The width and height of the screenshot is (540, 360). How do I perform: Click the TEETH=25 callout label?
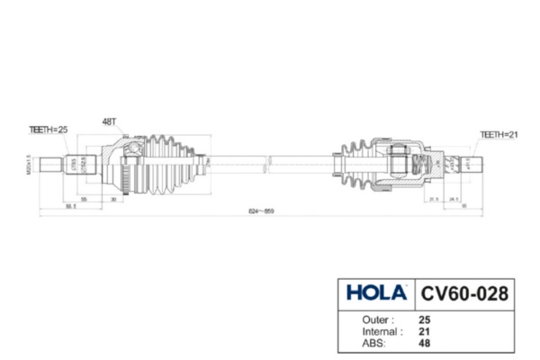click(49, 130)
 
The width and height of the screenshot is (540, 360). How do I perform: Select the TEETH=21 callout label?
click(499, 134)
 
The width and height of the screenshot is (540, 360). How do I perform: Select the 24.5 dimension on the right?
click(454, 198)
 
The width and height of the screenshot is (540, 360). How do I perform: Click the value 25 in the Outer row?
click(425, 319)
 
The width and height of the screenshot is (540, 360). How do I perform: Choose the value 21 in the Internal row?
click(425, 331)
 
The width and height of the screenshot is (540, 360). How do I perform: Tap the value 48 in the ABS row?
click(425, 343)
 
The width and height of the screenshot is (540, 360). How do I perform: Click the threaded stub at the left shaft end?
click(51, 166)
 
